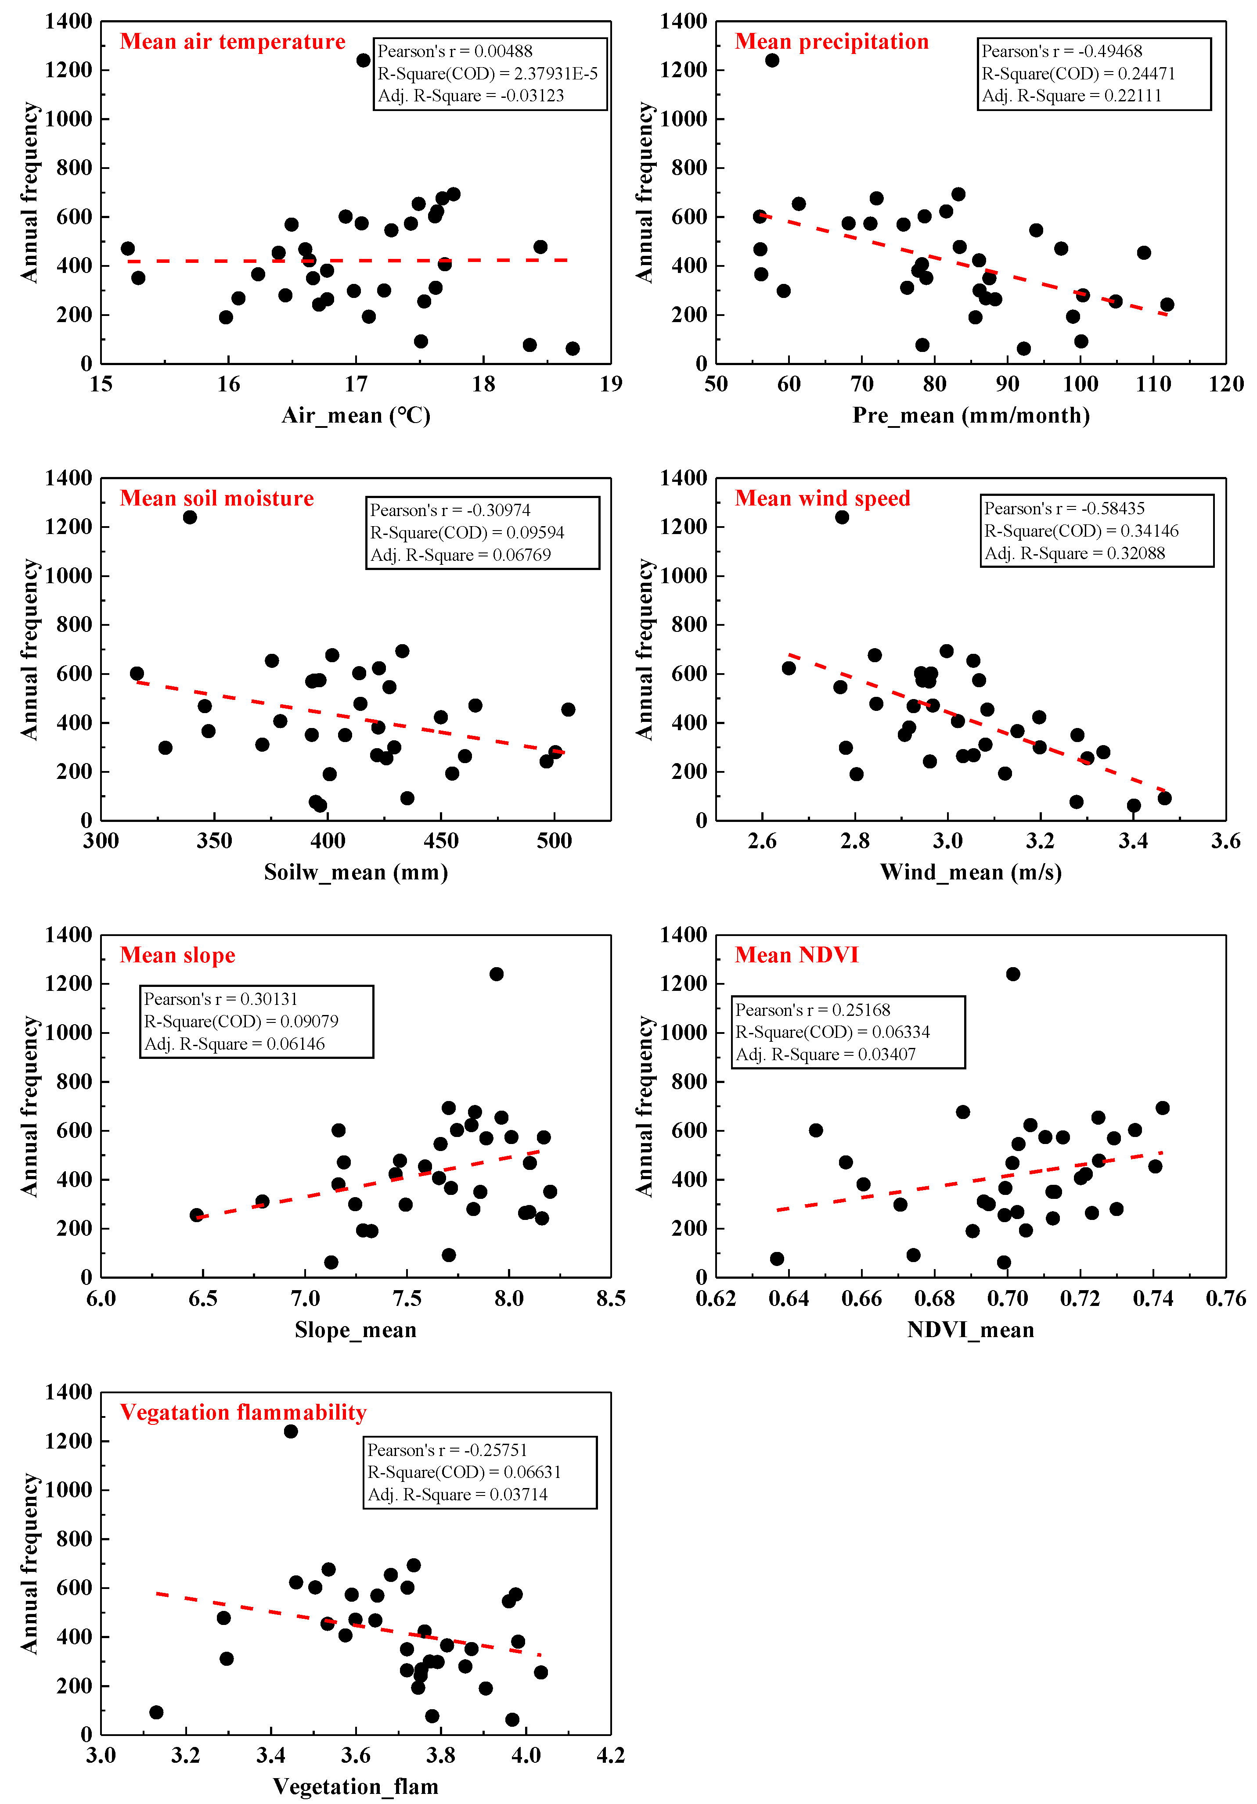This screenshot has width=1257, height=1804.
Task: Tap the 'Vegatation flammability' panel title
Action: coord(243,1412)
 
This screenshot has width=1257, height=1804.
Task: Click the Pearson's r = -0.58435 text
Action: coord(1064,508)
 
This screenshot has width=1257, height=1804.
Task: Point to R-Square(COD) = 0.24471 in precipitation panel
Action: coord(1078,74)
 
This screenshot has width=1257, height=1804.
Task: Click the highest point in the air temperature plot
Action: coord(363,61)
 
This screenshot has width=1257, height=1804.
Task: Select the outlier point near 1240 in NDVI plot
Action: coord(1012,974)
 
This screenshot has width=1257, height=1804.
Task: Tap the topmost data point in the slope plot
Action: coord(496,974)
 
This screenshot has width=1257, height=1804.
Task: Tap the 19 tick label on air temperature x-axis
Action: coord(611,384)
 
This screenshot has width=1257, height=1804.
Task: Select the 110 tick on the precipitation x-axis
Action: coord(1153,384)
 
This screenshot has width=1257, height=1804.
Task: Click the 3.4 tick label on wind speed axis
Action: coord(1133,842)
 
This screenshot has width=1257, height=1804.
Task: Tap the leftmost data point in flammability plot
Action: coord(156,1712)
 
